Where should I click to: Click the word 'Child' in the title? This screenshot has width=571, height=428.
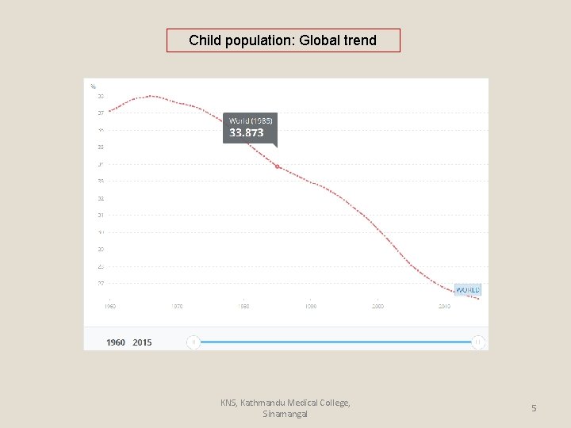(205, 40)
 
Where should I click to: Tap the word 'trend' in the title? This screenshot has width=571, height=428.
(359, 40)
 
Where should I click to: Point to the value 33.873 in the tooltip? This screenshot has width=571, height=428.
(247, 133)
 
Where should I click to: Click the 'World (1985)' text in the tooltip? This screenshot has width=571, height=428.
(251, 120)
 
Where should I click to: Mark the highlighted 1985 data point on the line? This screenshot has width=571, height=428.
(277, 166)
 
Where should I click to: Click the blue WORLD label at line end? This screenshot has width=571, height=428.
(467, 289)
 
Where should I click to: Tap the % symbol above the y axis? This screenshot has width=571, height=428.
(93, 86)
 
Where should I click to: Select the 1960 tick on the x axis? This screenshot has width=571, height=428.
(110, 306)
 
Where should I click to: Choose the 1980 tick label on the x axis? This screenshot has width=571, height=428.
(244, 306)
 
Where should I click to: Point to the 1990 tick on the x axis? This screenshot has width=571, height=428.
(311, 306)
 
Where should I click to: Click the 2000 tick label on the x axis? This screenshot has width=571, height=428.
(377, 306)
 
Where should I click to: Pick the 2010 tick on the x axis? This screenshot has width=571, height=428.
(444, 306)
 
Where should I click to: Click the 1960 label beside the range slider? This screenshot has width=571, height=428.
(116, 342)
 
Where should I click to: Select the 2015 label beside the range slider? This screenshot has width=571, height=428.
(142, 342)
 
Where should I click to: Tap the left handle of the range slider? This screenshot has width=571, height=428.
(194, 342)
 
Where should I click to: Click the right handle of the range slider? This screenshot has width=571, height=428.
(477, 342)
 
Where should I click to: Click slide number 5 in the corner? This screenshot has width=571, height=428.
(534, 408)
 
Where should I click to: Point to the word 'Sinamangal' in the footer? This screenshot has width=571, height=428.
(285, 414)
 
